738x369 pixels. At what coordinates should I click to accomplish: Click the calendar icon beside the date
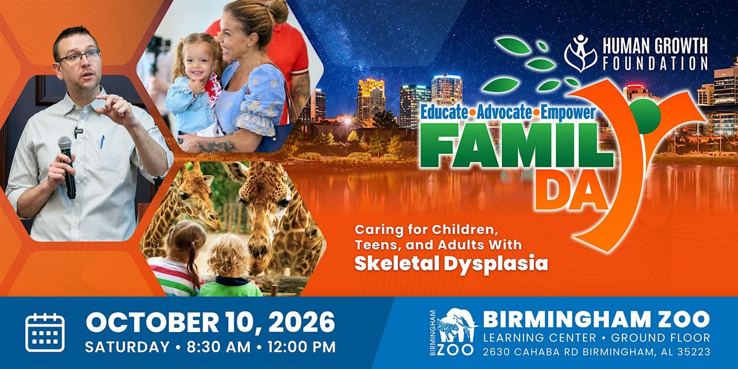pyautogui.click(x=45, y=332)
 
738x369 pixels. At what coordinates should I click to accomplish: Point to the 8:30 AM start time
pyautogui.click(x=218, y=347)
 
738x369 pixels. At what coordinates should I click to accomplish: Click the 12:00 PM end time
pyautogui.click(x=301, y=347)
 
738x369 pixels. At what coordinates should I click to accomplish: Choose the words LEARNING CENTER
pyautogui.click(x=539, y=338)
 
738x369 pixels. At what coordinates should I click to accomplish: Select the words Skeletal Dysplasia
pyautogui.click(x=451, y=264)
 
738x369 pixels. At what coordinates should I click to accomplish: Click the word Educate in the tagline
pyautogui.click(x=444, y=113)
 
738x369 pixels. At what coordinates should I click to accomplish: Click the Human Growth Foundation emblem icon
pyautogui.click(x=581, y=54)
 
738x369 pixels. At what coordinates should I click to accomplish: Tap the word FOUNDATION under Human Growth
pyautogui.click(x=655, y=63)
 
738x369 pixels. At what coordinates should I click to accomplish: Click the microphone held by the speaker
pyautogui.click(x=67, y=167)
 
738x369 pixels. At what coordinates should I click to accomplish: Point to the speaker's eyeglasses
pyautogui.click(x=79, y=57)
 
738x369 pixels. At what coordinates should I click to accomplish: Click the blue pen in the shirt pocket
pyautogui.click(x=103, y=141)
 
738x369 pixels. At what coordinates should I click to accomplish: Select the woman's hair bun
pyautogui.click(x=278, y=10)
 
